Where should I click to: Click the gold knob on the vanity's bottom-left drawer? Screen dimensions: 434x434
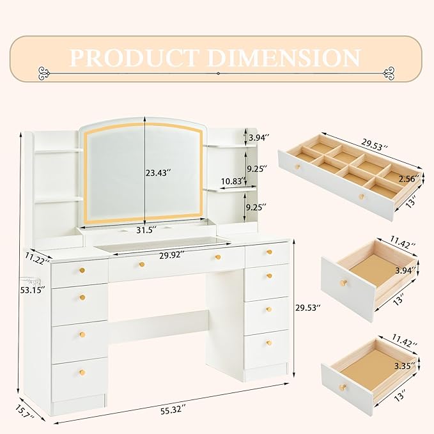[81, 372]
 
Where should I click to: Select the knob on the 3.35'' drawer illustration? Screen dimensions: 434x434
[343, 388]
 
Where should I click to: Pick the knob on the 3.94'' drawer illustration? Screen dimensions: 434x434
[343, 283]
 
